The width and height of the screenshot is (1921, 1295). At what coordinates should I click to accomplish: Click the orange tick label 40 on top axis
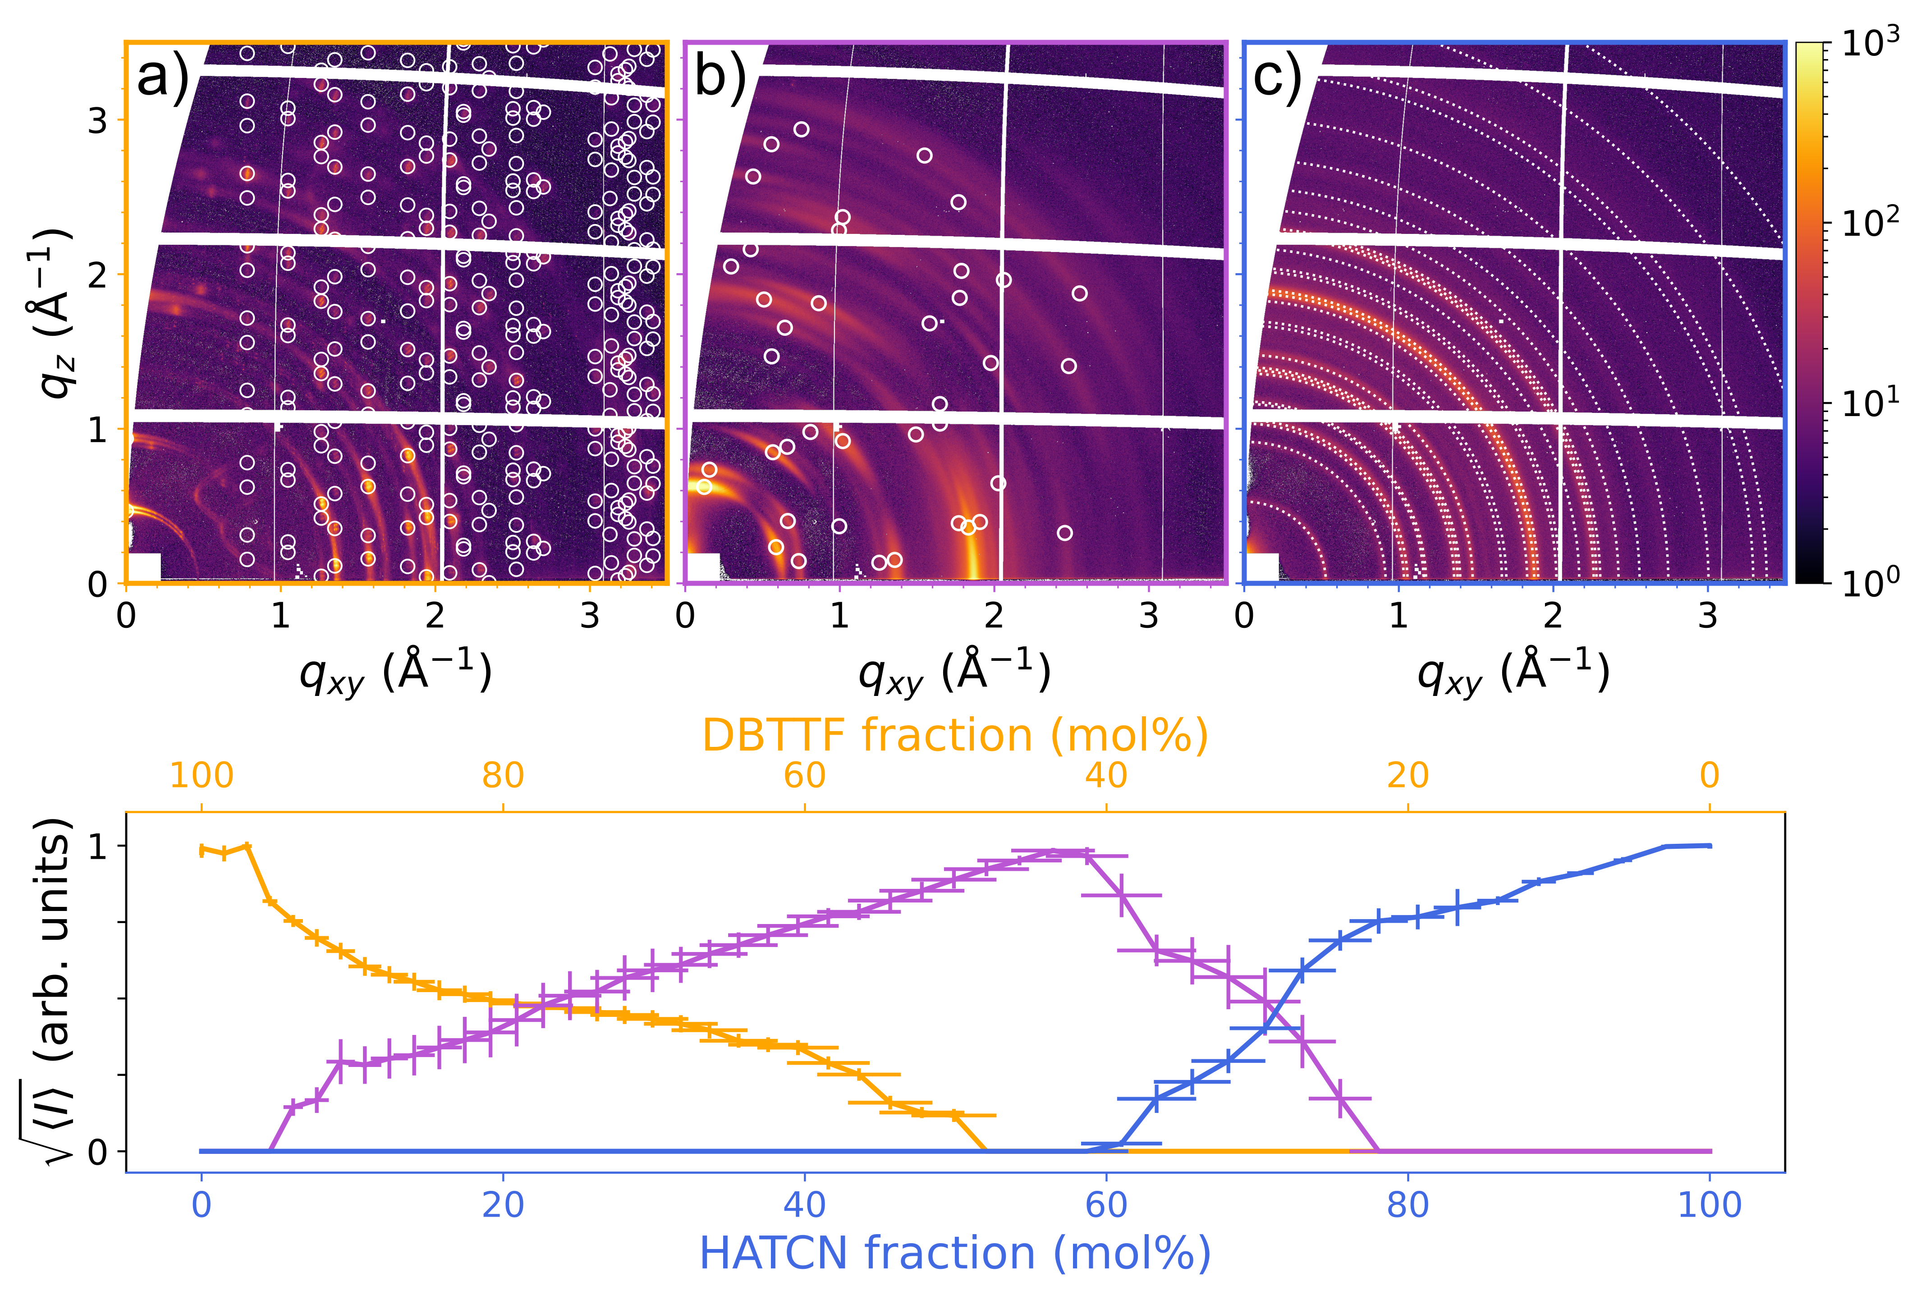click(x=1106, y=776)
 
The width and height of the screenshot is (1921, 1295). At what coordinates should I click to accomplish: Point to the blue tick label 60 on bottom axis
click(x=1106, y=1206)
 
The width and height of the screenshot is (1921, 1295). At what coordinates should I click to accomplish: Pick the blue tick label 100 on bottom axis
click(x=1709, y=1206)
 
